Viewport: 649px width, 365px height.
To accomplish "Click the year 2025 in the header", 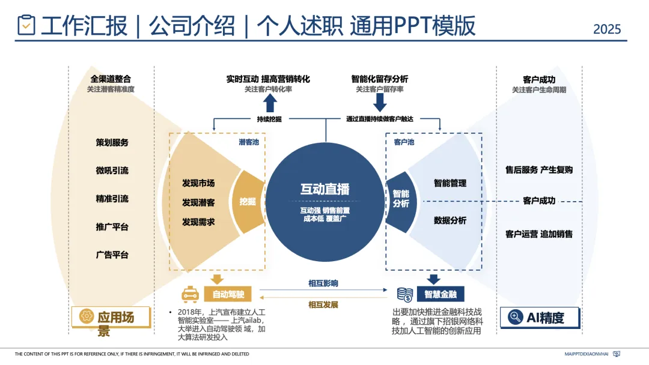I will click(x=607, y=29).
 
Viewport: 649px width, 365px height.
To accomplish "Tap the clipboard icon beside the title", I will click(x=26, y=25).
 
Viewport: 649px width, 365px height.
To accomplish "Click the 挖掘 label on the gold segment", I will click(x=248, y=202).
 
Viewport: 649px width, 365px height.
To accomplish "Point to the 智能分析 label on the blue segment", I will click(x=401, y=198).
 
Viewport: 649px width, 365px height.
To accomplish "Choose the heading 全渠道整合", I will click(x=111, y=79).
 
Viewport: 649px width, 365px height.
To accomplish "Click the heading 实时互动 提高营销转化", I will click(x=268, y=79).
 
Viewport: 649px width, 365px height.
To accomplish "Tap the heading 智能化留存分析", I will click(x=380, y=79).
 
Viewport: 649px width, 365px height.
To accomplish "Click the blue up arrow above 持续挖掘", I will click(x=269, y=103).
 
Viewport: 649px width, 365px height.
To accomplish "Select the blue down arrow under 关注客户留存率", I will click(x=380, y=103).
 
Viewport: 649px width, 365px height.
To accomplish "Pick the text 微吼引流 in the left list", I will click(x=112, y=170).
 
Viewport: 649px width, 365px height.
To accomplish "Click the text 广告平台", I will click(x=112, y=255).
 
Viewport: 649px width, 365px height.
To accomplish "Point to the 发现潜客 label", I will click(x=198, y=203).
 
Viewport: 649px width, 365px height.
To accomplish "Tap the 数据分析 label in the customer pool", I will click(x=450, y=220).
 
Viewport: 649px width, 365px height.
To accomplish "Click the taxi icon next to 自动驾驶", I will click(x=190, y=294).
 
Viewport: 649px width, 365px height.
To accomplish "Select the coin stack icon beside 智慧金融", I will click(x=404, y=294).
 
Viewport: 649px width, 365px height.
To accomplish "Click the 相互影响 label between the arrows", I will click(x=323, y=283).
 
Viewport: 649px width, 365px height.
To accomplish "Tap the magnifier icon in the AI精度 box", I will click(x=515, y=317).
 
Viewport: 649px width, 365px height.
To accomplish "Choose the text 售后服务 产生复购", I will click(x=539, y=170).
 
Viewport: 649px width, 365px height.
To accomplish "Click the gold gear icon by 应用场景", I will click(x=86, y=316).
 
